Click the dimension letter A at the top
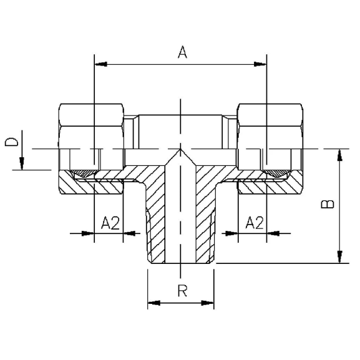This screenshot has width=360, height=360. (x=183, y=52)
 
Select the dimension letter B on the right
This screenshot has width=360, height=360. (x=328, y=204)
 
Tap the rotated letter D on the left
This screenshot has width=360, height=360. (x=11, y=142)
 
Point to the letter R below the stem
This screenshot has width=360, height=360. (x=183, y=291)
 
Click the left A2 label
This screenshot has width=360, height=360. (x=110, y=223)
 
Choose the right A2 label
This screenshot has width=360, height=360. (x=255, y=223)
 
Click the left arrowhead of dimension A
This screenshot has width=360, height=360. (x=101, y=64)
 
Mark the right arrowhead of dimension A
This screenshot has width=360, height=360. (x=260, y=64)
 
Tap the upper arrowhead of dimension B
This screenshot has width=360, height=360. (x=340, y=155)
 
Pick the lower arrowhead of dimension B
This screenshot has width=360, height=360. (x=340, y=257)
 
